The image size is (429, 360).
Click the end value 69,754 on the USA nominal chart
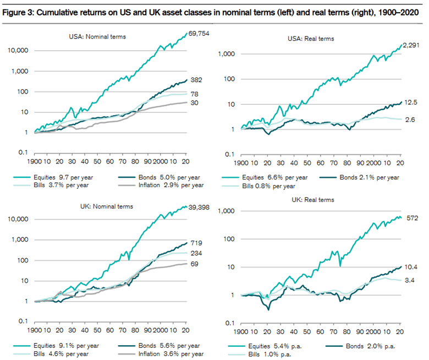pos(199,34)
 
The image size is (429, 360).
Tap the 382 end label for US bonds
pos(196,80)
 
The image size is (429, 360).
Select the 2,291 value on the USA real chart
pos(411,45)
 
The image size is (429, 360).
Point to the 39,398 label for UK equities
pos(199,207)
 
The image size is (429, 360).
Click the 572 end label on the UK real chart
pos(413,218)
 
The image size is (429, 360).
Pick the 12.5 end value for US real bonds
pos(411,102)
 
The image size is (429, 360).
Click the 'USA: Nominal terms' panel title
pos(97,37)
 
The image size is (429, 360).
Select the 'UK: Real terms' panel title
pos(313,200)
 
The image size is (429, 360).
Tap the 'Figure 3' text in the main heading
pos(18,13)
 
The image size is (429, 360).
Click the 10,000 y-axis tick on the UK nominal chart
pos(18,219)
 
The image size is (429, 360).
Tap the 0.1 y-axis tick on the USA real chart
pos(229,154)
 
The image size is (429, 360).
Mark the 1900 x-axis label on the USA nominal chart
pos(34,161)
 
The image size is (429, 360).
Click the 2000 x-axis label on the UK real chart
pos(373,332)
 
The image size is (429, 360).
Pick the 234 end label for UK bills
pos(196,253)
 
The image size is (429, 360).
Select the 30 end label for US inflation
pos(194,103)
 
